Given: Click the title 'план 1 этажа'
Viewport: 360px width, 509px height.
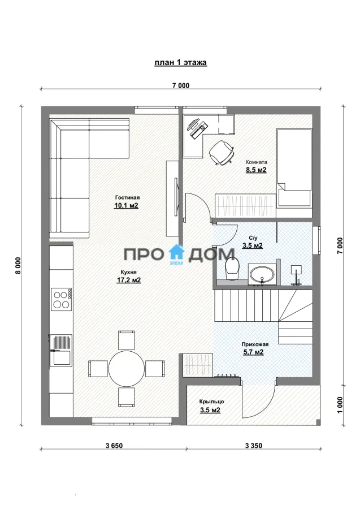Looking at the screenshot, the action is click(180, 62).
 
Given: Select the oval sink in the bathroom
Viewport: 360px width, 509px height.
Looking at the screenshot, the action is click(262, 274).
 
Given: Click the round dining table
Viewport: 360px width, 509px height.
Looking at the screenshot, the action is click(127, 368).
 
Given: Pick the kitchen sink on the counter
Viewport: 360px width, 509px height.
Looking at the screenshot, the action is click(61, 350).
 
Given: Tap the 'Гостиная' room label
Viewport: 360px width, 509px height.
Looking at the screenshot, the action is click(128, 197).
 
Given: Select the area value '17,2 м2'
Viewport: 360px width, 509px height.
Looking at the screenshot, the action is click(129, 280).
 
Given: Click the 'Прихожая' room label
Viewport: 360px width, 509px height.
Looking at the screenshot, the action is click(255, 344).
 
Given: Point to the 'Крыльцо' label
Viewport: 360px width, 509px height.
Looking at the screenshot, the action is click(211, 402).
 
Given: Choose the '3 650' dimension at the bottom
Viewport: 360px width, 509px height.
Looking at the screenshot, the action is click(114, 446).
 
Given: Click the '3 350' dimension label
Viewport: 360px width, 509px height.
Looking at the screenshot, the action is click(254, 446).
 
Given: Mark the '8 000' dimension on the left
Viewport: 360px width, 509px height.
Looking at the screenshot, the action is click(18, 265).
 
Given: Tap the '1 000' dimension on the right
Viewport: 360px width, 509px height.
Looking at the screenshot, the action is click(340, 405).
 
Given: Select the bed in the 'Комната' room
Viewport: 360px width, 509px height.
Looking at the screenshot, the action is click(294, 167).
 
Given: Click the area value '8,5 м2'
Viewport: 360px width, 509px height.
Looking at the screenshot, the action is click(256, 170).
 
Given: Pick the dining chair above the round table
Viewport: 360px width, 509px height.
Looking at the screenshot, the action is click(127, 340).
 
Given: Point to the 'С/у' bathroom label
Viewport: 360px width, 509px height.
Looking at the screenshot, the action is click(252, 238).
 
